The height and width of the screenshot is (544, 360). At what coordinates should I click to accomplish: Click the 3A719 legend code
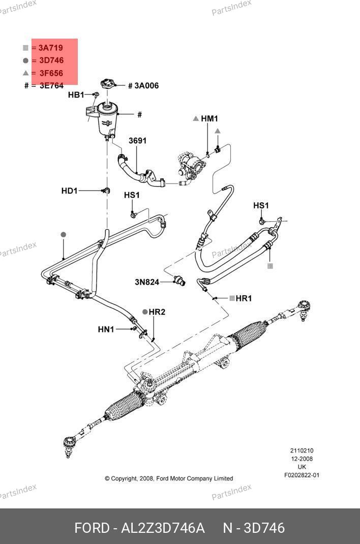pyautogui.click(x=51, y=48)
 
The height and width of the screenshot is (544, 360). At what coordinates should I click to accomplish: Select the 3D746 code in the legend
pyautogui.click(x=51, y=61)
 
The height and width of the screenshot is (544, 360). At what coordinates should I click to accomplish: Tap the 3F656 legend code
pyautogui.click(x=51, y=73)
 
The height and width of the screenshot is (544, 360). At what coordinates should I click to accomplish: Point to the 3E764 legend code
pyautogui.click(x=51, y=86)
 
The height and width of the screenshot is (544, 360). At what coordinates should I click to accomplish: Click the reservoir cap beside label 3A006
pyautogui.click(x=108, y=84)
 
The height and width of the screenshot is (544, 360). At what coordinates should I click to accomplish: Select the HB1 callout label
pyautogui.click(x=76, y=95)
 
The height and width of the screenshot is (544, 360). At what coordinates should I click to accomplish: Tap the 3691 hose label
pyautogui.click(x=137, y=140)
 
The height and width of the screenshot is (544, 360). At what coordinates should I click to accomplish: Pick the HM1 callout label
pyautogui.click(x=209, y=118)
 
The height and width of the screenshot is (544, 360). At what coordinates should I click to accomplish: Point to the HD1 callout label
pyautogui.click(x=69, y=191)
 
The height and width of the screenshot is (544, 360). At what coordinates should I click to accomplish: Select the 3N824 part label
pyautogui.click(x=147, y=282)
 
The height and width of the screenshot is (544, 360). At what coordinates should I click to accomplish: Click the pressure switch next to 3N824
pyautogui.click(x=179, y=280)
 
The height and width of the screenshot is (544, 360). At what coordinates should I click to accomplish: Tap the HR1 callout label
pyautogui.click(x=244, y=298)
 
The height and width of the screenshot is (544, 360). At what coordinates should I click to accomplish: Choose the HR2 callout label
pyautogui.click(x=157, y=312)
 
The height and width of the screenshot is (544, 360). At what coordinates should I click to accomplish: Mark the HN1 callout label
pyautogui.click(x=106, y=329)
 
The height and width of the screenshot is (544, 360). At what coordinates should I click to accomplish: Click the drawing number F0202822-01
pyautogui.click(x=302, y=475)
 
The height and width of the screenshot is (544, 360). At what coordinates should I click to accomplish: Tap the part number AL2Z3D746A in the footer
pyautogui.click(x=163, y=528)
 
